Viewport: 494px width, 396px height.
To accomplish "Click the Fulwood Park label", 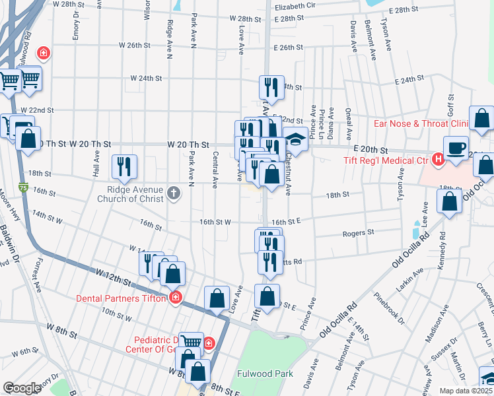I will coord(267,374).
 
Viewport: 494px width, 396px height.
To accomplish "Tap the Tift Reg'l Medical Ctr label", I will coord(387,160).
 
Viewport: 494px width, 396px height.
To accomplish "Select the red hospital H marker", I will coord(437,159).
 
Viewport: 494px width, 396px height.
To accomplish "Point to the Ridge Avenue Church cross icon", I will coord(174,193).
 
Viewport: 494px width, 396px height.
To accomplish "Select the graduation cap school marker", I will coord(295,141).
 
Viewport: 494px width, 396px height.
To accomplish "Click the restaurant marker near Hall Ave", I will coord(123,166).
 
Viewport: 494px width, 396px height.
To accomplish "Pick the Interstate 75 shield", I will coord(24,188).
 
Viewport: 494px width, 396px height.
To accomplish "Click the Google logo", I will coord(22,388).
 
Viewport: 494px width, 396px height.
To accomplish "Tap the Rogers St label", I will coord(358,233).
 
